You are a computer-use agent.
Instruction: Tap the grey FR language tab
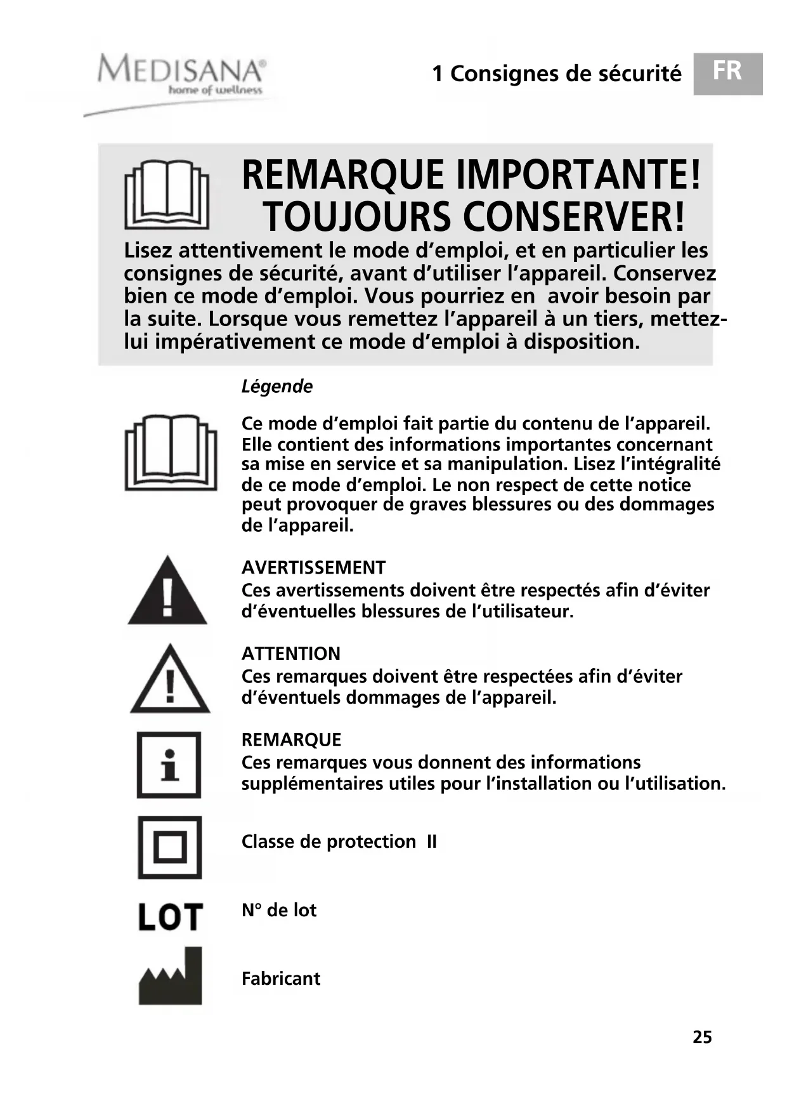click(727, 74)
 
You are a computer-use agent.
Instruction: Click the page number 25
click(702, 1037)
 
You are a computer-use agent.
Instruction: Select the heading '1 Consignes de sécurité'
click(556, 74)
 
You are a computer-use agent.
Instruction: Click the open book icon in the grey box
click(167, 194)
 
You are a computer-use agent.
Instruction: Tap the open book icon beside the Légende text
click(171, 452)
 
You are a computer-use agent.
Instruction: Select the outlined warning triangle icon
click(170, 680)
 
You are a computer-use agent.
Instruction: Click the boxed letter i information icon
click(169, 765)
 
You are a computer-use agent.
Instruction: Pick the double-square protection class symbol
click(170, 847)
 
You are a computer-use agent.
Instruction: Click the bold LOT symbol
click(170, 917)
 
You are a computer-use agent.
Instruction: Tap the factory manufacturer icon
click(170, 977)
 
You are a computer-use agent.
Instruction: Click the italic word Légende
click(277, 386)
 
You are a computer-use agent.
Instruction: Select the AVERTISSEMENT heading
click(313, 567)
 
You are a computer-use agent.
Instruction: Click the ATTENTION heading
click(291, 653)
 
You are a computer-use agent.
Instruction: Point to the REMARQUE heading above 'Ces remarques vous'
click(291, 739)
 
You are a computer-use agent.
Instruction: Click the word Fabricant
click(281, 978)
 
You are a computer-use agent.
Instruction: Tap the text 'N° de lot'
click(279, 910)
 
